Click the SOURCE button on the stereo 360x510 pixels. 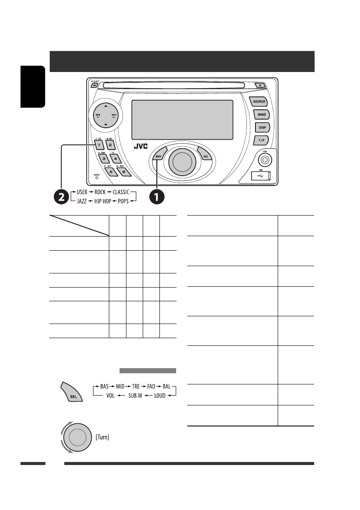(x=259, y=102)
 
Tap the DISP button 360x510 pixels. (x=261, y=127)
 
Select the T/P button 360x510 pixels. (x=261, y=140)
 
